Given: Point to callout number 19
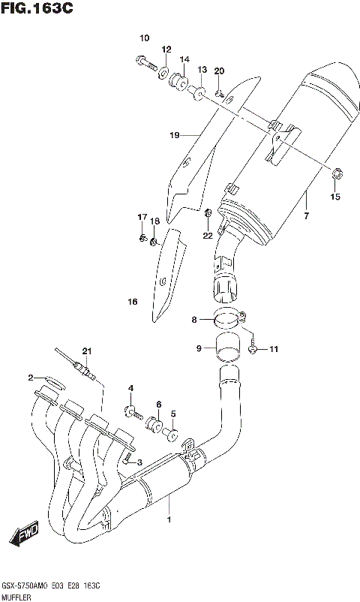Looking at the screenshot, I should tap(174, 136).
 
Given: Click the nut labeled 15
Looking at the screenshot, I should tap(336, 176).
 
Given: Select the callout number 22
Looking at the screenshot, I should tap(208, 236).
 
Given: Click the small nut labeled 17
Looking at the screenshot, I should tap(142, 239).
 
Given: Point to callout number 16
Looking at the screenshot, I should tap(132, 303).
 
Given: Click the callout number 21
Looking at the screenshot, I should tap(86, 351).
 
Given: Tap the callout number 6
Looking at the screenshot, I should tap(158, 405).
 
